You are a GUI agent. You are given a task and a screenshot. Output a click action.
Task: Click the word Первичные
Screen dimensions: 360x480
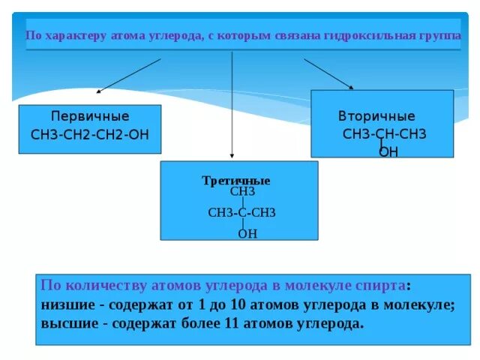click(x=89, y=117)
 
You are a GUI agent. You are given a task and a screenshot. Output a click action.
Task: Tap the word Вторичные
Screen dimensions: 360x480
click(x=376, y=117)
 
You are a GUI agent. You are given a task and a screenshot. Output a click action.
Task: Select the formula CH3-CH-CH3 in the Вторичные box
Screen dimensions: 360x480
click(x=384, y=134)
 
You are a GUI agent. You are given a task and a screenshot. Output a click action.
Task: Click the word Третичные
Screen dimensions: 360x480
click(x=236, y=181)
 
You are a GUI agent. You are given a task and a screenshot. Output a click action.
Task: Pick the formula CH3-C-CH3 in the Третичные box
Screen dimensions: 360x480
click(x=241, y=213)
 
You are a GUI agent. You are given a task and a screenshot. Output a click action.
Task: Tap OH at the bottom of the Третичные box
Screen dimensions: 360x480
click(x=247, y=234)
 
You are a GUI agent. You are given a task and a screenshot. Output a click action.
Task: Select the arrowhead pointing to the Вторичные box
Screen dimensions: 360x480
click(x=351, y=88)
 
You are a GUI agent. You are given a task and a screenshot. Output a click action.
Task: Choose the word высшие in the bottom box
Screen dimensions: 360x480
click(x=70, y=324)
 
